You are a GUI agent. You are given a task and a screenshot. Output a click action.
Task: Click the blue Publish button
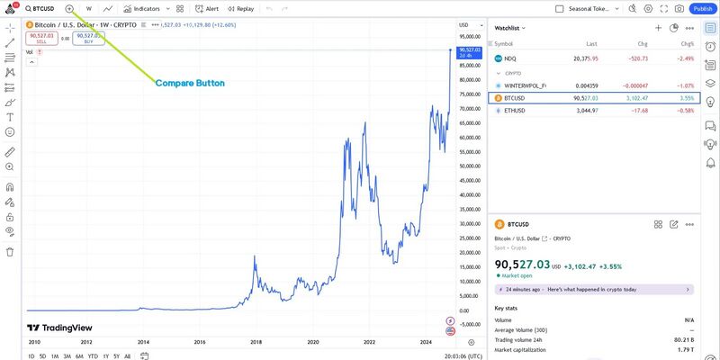(x=702, y=8)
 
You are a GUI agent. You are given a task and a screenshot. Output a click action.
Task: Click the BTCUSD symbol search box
(x=41, y=8)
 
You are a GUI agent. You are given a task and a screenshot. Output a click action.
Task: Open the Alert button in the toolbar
(x=207, y=8)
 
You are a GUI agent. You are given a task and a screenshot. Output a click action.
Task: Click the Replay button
(x=241, y=8)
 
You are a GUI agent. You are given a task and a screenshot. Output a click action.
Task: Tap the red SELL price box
(x=41, y=38)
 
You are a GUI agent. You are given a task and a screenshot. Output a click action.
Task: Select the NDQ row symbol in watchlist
(x=510, y=58)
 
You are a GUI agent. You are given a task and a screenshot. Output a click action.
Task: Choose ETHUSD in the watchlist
(x=515, y=111)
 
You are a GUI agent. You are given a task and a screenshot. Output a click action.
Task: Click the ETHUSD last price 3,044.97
(x=585, y=111)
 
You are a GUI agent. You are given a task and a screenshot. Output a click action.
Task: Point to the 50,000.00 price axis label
(x=472, y=166)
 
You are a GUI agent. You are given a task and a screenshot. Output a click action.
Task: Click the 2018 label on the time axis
(x=256, y=343)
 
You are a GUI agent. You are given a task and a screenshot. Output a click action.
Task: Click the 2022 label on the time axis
(x=370, y=343)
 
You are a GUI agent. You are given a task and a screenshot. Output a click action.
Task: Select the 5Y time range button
(x=117, y=356)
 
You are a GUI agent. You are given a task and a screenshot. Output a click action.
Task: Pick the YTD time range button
(x=93, y=356)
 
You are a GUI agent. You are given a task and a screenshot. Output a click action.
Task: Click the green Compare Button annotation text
(x=190, y=83)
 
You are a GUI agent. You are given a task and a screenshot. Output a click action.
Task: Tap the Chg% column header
(x=688, y=43)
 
